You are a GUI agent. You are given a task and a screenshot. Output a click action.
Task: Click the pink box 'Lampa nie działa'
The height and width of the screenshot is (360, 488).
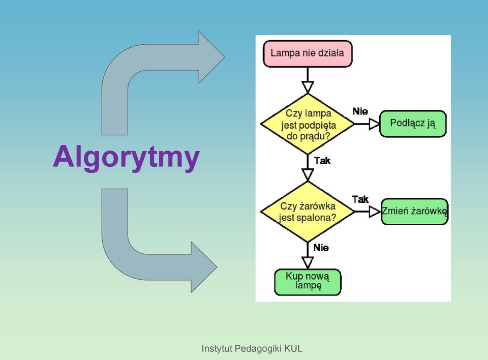[x=308, y=53]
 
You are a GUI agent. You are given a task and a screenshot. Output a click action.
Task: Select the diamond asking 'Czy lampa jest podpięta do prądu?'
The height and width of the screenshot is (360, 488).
[x=308, y=124]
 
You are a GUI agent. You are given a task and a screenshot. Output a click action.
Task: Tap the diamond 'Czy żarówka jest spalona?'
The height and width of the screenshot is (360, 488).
[x=308, y=212]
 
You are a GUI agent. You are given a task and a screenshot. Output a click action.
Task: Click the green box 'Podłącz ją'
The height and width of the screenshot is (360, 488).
[x=413, y=124]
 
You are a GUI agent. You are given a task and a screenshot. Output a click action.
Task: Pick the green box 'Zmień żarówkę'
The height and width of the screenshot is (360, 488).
[x=415, y=212]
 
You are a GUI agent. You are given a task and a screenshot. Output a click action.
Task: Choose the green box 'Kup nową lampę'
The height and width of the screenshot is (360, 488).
[x=308, y=282]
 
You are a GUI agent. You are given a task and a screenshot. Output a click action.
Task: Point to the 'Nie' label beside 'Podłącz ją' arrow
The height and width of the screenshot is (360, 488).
[x=360, y=111]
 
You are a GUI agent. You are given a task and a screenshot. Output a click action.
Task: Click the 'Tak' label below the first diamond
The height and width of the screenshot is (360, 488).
[x=322, y=161]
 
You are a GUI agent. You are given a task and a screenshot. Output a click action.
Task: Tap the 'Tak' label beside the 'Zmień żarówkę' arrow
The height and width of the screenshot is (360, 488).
[x=360, y=199]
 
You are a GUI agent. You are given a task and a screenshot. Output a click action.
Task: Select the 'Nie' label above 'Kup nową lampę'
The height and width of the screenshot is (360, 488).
[x=321, y=248]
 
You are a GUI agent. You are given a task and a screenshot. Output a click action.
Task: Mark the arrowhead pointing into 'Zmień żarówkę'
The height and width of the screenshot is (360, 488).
[x=375, y=212]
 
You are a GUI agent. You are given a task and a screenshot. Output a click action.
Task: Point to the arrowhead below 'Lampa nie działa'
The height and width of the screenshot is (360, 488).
[x=308, y=87]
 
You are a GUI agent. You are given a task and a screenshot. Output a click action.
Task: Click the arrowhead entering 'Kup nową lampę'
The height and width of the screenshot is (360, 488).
[x=308, y=262]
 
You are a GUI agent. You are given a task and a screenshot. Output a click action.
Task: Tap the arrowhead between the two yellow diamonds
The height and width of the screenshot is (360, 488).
[x=308, y=175]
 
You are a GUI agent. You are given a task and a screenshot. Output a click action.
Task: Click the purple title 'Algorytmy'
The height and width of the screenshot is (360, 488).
[x=126, y=157]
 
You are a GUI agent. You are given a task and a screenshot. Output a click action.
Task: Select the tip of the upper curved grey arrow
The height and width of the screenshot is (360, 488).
[x=225, y=57]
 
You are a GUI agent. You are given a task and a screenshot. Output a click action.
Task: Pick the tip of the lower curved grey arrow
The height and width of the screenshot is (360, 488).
[x=217, y=267]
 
